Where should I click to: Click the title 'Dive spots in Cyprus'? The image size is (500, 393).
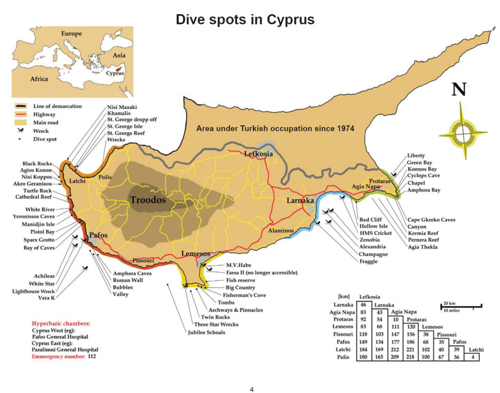tap(245, 19)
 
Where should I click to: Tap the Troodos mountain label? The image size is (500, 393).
tap(147, 200)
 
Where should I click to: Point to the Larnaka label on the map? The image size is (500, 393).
tap(300, 200)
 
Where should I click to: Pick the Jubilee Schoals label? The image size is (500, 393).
tap(207, 332)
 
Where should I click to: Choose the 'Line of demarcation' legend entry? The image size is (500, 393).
tap(57, 106)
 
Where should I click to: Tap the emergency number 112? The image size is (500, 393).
tap(92, 357)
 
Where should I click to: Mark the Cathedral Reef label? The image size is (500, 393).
tap(33, 197)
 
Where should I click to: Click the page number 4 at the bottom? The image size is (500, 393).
tap(251, 389)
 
